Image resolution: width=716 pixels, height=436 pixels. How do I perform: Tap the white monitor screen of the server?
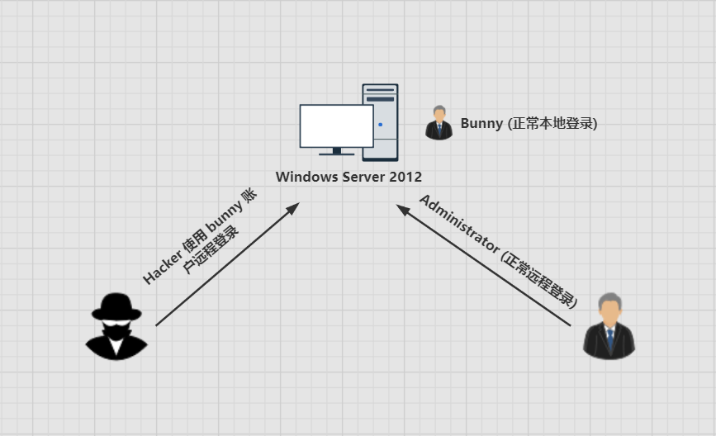(337, 126)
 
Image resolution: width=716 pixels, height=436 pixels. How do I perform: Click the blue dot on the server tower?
(381, 124)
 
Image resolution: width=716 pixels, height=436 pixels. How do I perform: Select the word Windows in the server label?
(306, 177)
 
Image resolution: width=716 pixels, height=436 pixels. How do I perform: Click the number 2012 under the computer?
(405, 177)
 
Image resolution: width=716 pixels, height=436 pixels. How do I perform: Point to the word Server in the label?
(363, 177)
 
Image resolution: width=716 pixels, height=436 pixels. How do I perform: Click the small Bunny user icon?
(439, 123)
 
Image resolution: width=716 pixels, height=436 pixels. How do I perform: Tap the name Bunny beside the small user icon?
(481, 124)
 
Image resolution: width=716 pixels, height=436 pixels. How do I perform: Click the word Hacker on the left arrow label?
(161, 267)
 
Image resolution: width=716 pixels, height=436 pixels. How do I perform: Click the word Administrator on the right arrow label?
(459, 223)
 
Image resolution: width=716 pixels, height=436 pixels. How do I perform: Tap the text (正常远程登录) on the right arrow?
(539, 279)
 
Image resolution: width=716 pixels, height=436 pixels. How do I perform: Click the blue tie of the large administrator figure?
(610, 339)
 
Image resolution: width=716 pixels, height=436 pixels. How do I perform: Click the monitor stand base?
(337, 154)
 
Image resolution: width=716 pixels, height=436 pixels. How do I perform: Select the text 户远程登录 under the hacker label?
(211, 249)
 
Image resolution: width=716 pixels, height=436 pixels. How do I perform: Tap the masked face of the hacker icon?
(116, 329)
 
